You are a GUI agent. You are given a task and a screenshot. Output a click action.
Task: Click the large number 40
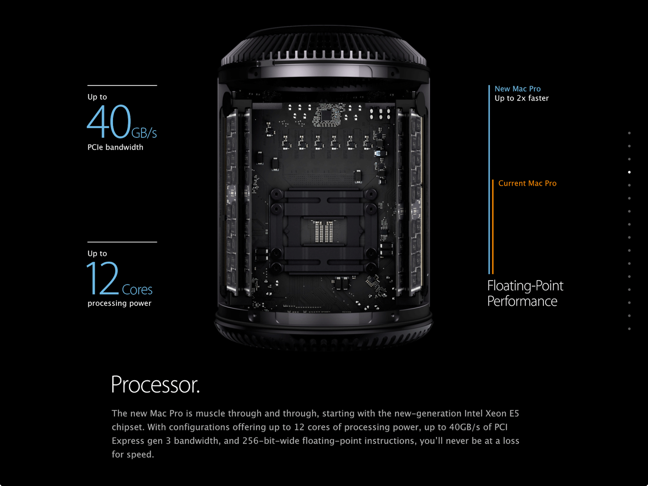pyautogui.click(x=109, y=122)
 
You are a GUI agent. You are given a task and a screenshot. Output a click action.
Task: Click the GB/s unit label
pyautogui.click(x=144, y=133)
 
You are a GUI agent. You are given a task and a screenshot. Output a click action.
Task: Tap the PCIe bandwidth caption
pyautogui.click(x=115, y=147)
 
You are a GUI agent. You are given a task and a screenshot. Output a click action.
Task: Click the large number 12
pyautogui.click(x=102, y=278)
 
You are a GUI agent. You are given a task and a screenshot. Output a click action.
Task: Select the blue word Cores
pyautogui.click(x=137, y=290)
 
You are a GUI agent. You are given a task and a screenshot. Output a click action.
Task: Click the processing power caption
pyautogui.click(x=119, y=303)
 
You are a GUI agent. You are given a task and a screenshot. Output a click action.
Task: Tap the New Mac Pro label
pyautogui.click(x=517, y=89)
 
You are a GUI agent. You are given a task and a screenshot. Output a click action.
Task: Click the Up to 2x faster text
pyautogui.click(x=521, y=98)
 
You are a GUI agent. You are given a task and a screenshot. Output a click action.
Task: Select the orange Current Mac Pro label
pyautogui.click(x=527, y=183)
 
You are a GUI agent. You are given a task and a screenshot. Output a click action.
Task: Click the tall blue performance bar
pyautogui.click(x=489, y=178)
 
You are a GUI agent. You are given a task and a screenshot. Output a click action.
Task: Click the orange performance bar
pyautogui.click(x=493, y=227)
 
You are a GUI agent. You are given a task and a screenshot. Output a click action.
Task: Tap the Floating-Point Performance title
pyautogui.click(x=525, y=293)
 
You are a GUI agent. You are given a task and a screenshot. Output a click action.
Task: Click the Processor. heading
pyautogui.click(x=155, y=385)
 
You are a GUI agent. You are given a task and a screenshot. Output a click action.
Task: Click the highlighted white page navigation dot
pyautogui.click(x=629, y=172)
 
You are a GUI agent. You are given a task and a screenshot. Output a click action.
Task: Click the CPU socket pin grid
pyautogui.click(x=323, y=231)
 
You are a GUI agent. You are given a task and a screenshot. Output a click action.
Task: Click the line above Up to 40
pyautogui.click(x=122, y=86)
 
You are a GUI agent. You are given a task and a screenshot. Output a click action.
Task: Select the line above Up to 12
pyautogui.click(x=122, y=242)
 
